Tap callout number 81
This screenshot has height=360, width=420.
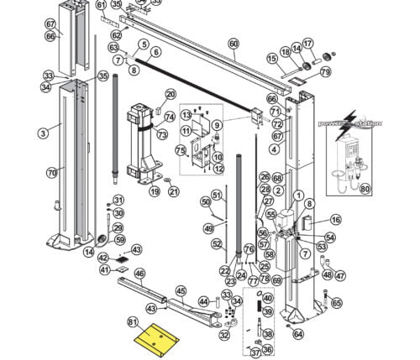pyautogui.click(x=132, y=321)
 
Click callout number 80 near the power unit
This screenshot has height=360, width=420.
pyautogui.click(x=365, y=189)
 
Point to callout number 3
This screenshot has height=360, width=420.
pyautogui.click(x=42, y=133)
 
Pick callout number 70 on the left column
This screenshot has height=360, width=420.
pyautogui.click(x=51, y=173)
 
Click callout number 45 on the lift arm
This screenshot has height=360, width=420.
pyautogui.click(x=181, y=290)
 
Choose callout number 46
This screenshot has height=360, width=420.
pyautogui.click(x=139, y=274)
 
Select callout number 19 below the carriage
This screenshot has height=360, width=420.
pyautogui.click(x=155, y=191)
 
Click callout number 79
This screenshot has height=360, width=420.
pyautogui.click(x=325, y=72)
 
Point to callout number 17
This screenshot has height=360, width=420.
pyautogui.click(x=307, y=43)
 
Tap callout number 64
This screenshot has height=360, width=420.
pyautogui.click(x=297, y=334)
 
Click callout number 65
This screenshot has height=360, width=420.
pyautogui.click(x=337, y=303)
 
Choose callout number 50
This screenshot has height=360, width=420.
pyautogui.click(x=205, y=201)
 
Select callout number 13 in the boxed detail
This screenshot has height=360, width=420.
pyautogui.click(x=186, y=115)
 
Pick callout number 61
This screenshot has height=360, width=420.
pyautogui.click(x=102, y=5)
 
